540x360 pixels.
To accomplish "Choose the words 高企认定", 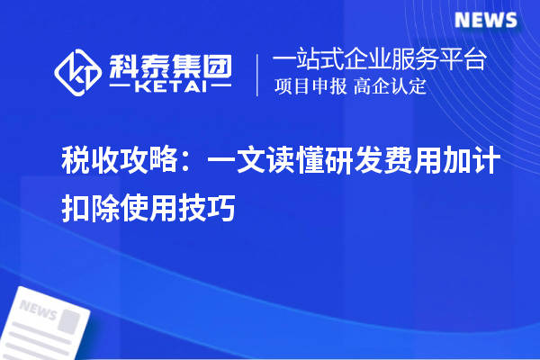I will click(x=390, y=88).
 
